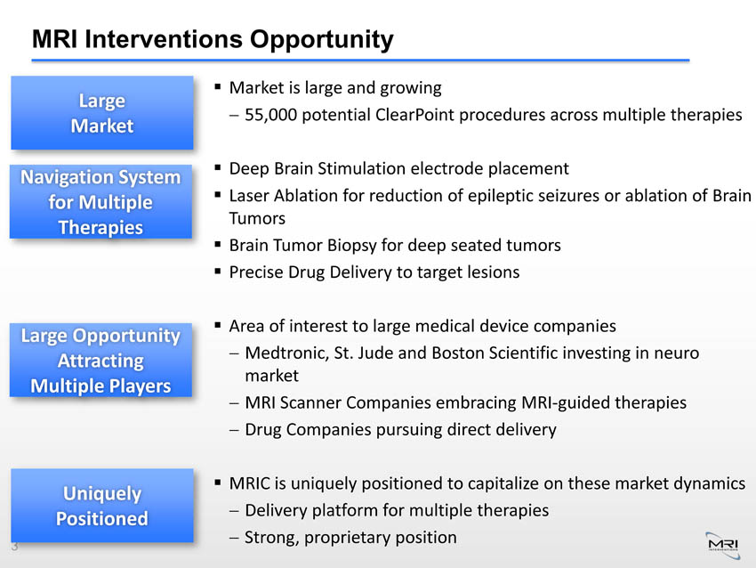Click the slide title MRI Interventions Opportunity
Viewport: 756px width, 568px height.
[213, 39]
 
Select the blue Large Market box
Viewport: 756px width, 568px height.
[102, 113]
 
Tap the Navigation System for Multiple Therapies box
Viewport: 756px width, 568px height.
[101, 202]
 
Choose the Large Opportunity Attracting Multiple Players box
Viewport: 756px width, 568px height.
[101, 360]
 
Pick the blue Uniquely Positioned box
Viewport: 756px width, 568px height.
[102, 506]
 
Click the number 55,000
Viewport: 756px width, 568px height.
[270, 116]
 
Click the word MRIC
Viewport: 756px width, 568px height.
[250, 483]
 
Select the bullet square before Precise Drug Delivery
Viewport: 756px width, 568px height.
[218, 272]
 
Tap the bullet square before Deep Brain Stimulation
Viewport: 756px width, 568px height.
[218, 168]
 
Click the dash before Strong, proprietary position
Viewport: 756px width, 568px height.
[234, 538]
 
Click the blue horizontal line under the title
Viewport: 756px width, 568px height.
[360, 61]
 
